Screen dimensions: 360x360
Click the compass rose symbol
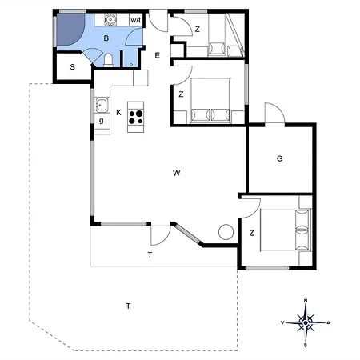pos(306,323)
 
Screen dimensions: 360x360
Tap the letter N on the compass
pos(306,301)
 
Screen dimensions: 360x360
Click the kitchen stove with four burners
pos(136,117)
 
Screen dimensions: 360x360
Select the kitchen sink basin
pos(102,105)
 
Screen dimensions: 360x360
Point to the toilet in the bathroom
pos(108,60)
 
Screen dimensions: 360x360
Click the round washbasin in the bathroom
pos(110,19)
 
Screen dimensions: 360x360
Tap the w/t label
pos(136,20)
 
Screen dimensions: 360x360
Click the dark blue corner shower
pos(70,30)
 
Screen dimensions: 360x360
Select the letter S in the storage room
pos(72,67)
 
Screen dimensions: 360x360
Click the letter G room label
pos(279,158)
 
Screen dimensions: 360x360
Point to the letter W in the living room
pos(176,173)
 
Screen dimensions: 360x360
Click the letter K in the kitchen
pos(118,113)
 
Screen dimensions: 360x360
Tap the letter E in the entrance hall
pos(158,55)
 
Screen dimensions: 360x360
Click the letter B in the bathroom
pos(106,38)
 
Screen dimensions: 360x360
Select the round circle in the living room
pos(226,232)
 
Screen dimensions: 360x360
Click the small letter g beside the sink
pos(102,121)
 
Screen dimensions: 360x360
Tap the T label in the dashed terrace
pos(128,306)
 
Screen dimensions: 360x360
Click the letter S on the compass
pos(306,346)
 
